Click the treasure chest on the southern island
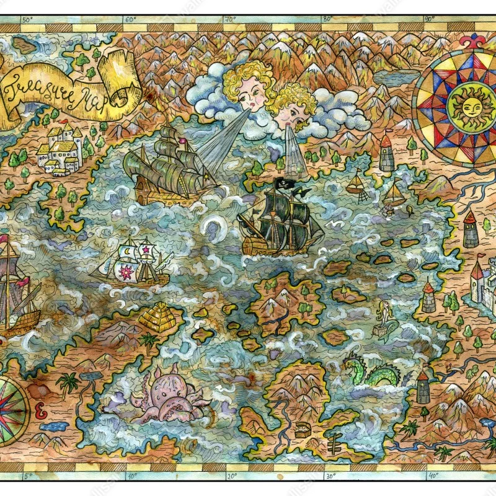click(x=302, y=430)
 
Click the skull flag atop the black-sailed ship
click(x=285, y=184)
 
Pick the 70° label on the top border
click(x=231, y=20)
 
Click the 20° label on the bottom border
click(x=231, y=476)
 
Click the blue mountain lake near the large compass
click(x=394, y=77)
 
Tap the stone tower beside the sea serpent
click(x=423, y=387)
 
